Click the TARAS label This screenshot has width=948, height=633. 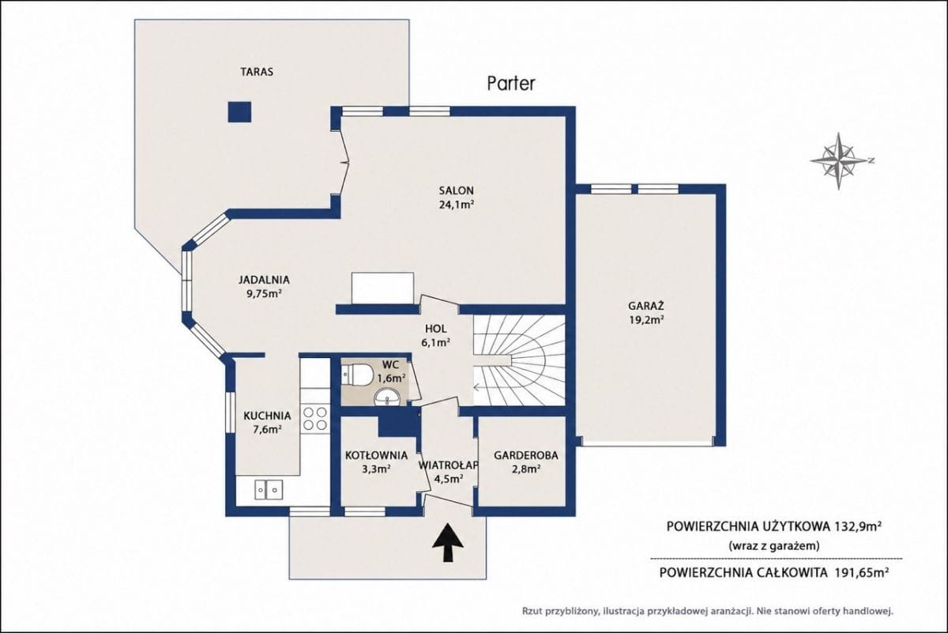[257, 72]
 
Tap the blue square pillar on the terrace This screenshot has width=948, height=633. [239, 112]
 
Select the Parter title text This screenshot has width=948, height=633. [511, 84]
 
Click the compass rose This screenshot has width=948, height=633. [839, 161]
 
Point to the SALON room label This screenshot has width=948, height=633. [457, 190]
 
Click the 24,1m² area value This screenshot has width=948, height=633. [457, 205]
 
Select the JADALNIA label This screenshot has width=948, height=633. [264, 280]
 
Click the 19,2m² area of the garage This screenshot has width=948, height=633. [646, 320]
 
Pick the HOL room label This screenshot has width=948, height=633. [436, 328]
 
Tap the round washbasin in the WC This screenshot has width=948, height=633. [387, 398]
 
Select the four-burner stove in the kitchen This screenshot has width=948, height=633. [316, 418]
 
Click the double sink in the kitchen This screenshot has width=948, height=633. [269, 490]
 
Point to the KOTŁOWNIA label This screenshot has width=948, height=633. [376, 456]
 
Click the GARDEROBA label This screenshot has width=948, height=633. [526, 456]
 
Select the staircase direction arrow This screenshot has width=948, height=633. [492, 386]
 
